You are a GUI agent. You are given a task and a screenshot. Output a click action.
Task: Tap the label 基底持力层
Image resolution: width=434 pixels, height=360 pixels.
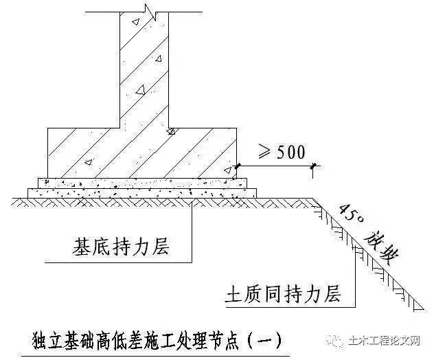[x=121, y=246]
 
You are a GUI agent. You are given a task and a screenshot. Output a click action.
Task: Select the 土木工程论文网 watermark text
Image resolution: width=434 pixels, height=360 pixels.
[x=384, y=340]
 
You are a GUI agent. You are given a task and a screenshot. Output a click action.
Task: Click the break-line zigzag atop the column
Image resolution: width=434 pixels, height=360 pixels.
[x=151, y=12]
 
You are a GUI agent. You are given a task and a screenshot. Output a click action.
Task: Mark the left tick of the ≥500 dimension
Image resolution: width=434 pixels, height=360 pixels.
[x=238, y=166]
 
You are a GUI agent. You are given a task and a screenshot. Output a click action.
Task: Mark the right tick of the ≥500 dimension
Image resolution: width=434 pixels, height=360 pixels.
[x=313, y=166]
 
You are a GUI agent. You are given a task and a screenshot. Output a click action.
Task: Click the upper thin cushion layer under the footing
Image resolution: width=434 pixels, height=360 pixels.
[x=142, y=183]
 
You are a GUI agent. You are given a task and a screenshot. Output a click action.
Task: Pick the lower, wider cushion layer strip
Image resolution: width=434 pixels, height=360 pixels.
[x=142, y=193]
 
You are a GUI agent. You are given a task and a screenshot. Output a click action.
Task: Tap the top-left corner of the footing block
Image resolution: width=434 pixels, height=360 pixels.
[x=47, y=128]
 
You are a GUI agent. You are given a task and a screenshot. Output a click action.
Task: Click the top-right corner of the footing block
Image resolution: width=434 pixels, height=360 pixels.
[x=237, y=128]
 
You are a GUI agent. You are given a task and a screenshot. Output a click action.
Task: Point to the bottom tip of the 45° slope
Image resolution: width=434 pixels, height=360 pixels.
[x=424, y=309]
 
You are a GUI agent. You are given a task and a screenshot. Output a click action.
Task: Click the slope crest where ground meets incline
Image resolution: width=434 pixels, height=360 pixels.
[x=313, y=199]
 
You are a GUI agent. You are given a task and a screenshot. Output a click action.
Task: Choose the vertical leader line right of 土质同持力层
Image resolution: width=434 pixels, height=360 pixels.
[x=355, y=278]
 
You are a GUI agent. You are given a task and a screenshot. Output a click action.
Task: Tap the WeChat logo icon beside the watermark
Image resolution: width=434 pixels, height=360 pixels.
[x=336, y=341]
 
